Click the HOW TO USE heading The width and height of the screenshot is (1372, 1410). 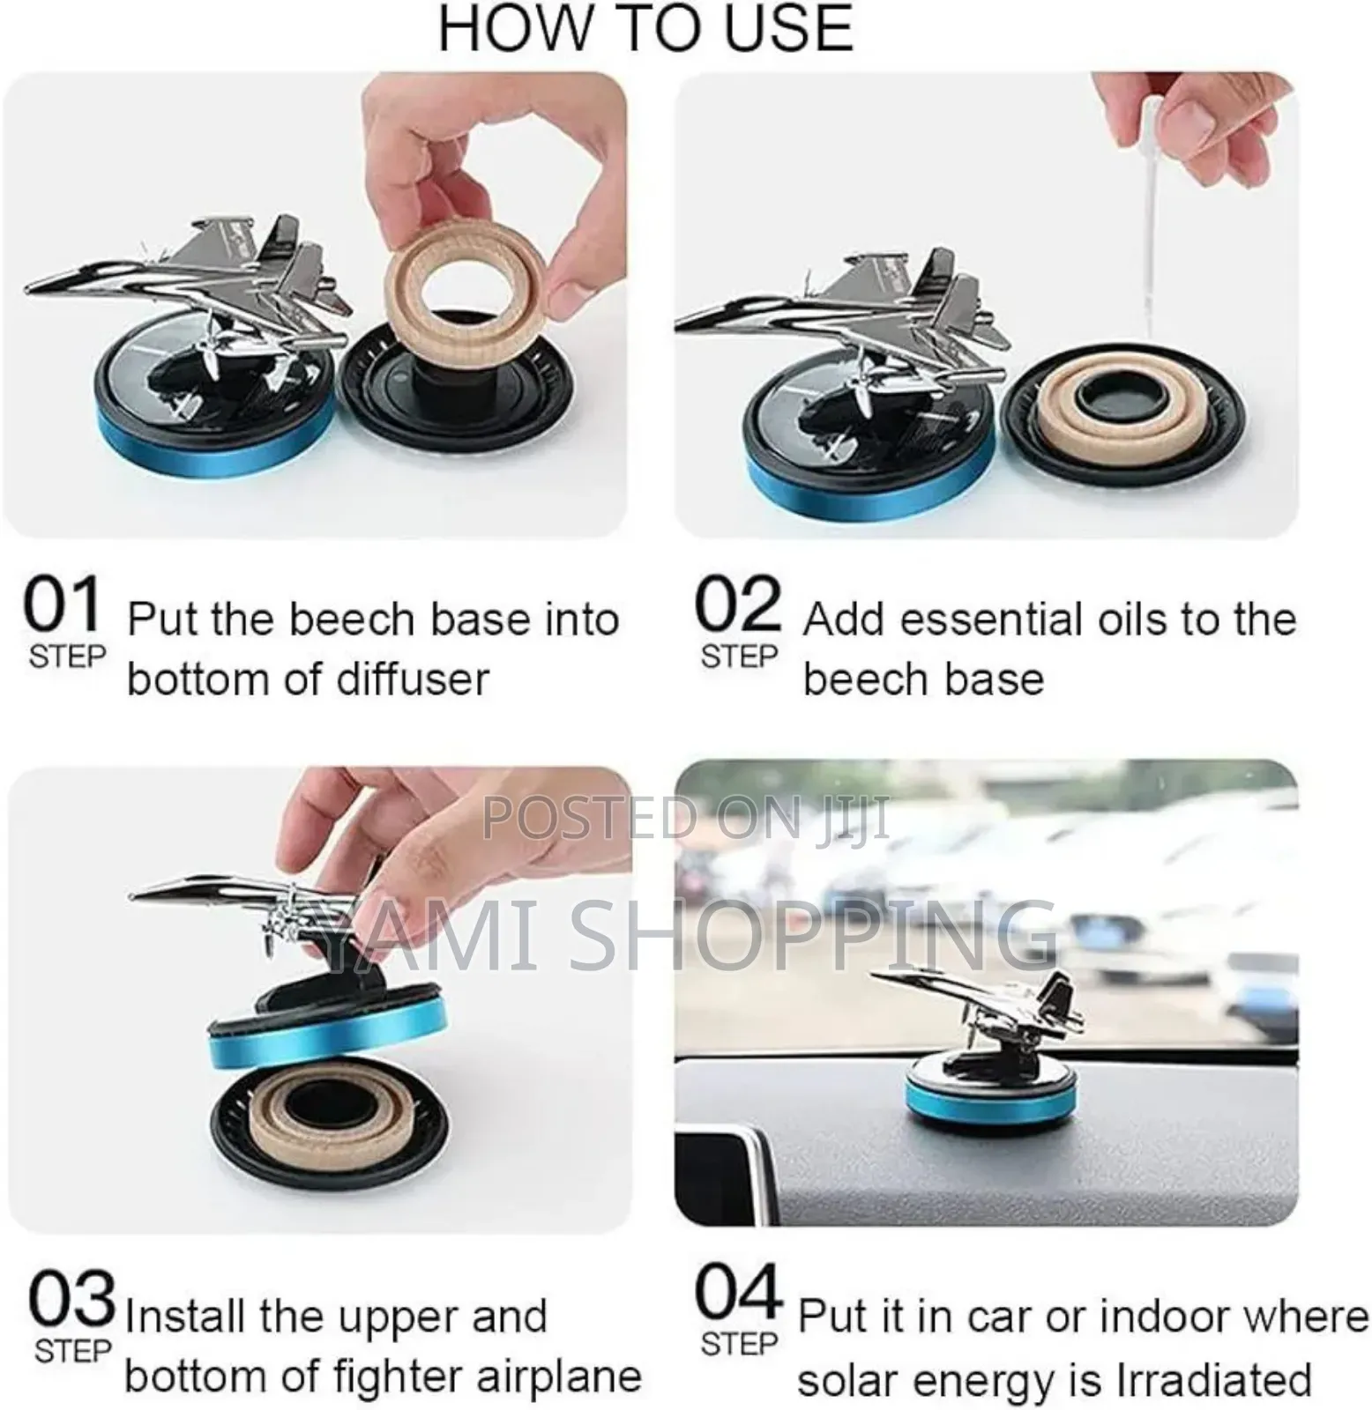(646, 29)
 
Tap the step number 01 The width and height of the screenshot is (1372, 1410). (62, 606)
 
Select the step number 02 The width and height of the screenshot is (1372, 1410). (738, 606)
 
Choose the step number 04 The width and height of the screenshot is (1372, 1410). (739, 1294)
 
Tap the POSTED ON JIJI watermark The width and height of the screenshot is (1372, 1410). (686, 816)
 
